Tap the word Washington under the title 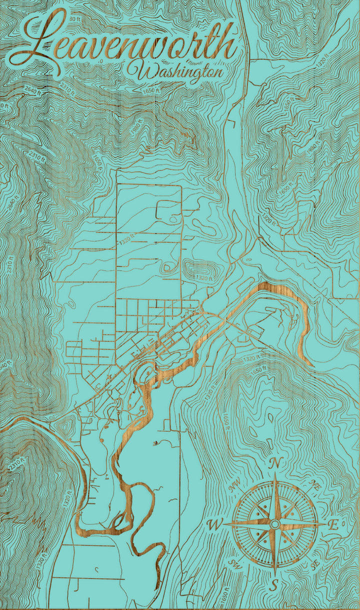coord(174,71)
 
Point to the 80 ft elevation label coord(75,19)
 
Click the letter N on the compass coord(274,464)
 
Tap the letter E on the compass coord(333,524)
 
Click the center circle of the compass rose coord(274,524)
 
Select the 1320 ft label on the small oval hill coord(204,277)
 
